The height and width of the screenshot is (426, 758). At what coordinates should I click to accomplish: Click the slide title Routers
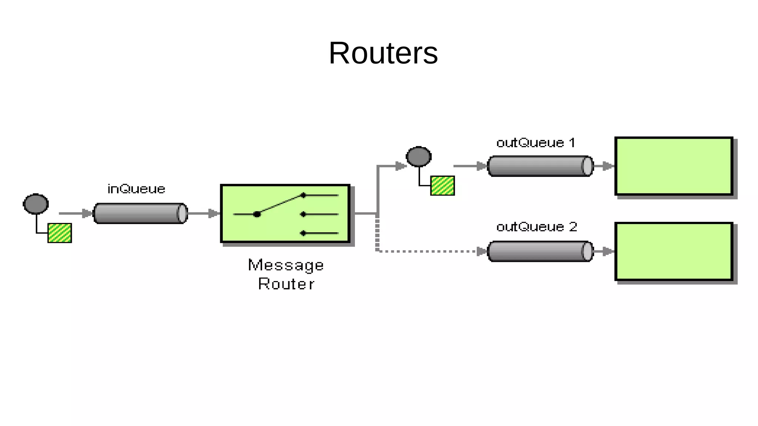(383, 53)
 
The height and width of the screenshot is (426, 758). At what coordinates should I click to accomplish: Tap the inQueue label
(136, 189)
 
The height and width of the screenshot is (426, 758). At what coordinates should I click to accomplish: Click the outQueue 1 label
(536, 143)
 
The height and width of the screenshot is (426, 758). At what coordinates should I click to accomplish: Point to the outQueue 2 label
(536, 227)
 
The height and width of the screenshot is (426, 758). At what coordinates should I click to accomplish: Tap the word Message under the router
(286, 266)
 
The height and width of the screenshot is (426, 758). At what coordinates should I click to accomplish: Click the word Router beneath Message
(286, 284)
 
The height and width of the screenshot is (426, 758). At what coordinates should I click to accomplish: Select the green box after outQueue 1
(674, 166)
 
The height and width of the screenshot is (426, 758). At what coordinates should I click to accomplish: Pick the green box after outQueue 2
(674, 251)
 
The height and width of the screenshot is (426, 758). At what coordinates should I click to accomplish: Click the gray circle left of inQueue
(36, 204)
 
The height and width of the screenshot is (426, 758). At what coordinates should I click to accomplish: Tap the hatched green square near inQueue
(60, 233)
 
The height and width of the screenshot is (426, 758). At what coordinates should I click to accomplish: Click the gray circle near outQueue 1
(419, 156)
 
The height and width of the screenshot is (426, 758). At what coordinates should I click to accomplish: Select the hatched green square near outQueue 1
(442, 186)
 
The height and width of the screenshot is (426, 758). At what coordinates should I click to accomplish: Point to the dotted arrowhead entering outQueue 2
(482, 252)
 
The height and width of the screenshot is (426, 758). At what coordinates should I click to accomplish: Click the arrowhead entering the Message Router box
(214, 213)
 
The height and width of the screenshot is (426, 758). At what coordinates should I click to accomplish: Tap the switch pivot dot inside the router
(257, 214)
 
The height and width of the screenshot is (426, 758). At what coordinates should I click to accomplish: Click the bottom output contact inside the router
(303, 233)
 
